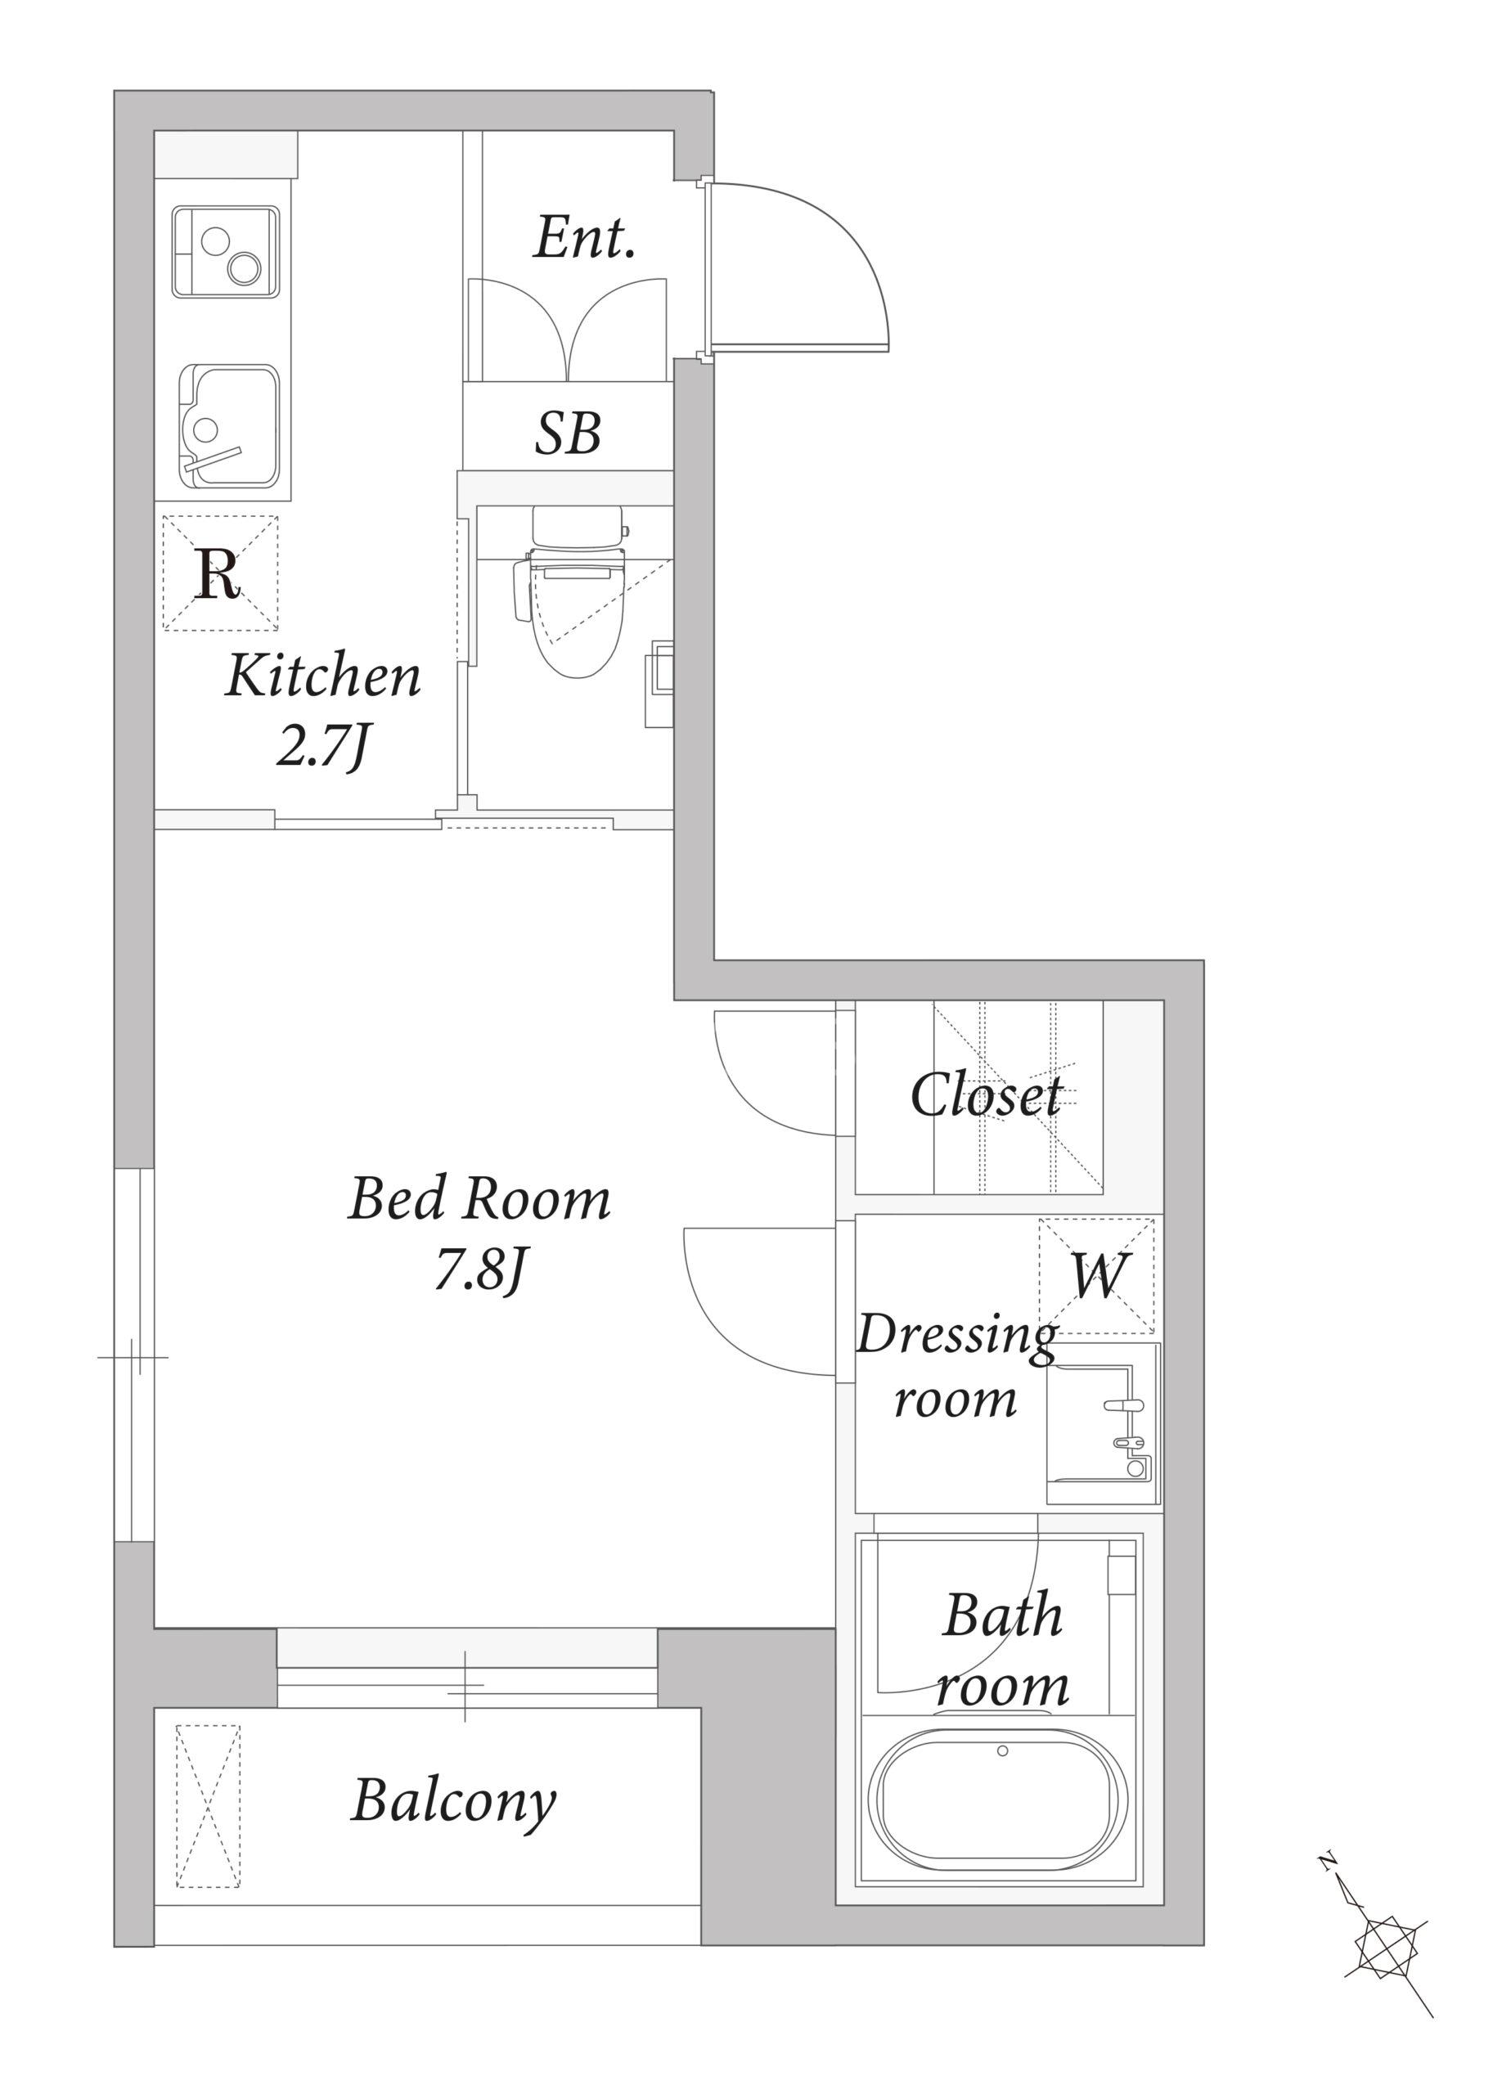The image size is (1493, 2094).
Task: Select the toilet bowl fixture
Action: [578, 611]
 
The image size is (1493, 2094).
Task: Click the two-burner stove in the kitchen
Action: [225, 252]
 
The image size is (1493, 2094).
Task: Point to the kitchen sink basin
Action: [229, 426]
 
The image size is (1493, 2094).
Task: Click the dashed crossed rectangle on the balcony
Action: [208, 1806]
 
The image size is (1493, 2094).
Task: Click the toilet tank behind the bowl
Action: [578, 527]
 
